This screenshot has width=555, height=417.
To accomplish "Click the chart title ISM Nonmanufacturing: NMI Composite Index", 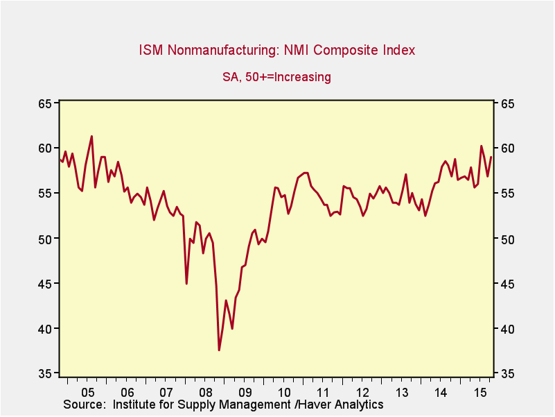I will [x=277, y=50].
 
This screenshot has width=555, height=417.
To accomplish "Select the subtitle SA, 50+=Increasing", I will [x=276, y=77].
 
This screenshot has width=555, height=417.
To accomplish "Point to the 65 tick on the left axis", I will [x=45, y=103].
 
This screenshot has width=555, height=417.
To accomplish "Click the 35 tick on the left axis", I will [x=45, y=374].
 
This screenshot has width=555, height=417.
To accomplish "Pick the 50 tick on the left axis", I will [x=45, y=239].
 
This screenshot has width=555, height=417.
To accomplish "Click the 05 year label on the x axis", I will [x=88, y=392].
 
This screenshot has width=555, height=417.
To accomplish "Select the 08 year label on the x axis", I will [x=206, y=392].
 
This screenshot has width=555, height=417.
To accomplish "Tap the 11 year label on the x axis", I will [x=324, y=392].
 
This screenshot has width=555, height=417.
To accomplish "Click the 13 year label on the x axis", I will [x=402, y=392].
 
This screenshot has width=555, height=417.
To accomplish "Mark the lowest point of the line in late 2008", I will [x=219, y=350].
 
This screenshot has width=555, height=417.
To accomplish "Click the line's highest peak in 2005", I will [x=91, y=136].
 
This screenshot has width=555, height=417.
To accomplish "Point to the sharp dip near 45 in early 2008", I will [x=186, y=283].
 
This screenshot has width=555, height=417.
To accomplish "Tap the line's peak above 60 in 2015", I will [x=482, y=146].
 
